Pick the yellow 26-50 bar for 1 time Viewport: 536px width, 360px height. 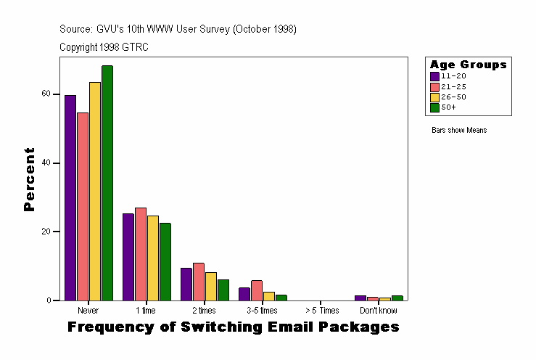153,258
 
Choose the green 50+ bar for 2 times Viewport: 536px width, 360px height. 223,290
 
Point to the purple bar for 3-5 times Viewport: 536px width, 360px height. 244,294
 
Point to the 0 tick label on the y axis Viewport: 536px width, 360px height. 47,300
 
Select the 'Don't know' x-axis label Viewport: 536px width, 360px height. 378,311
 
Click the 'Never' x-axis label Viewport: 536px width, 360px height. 88,311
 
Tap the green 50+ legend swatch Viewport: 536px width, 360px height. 434,107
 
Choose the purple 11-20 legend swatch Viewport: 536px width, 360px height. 434,76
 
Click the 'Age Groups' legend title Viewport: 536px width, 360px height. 468,65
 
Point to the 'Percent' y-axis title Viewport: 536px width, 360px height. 29,179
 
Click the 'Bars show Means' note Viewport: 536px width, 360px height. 459,131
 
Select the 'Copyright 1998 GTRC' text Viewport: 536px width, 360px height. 104,46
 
